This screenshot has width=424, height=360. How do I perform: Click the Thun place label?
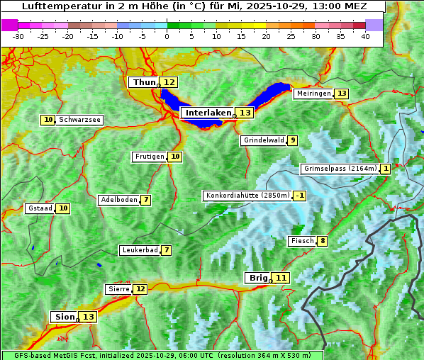pos(144,83)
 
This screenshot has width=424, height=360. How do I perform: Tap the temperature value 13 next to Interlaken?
pos(245,113)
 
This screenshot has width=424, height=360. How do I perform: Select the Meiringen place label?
pos(313,94)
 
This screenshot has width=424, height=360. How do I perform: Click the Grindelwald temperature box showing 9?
pos(292,140)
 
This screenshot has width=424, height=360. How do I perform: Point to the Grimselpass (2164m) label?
pos(340,169)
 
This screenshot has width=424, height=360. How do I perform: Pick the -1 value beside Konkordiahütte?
pos(300,196)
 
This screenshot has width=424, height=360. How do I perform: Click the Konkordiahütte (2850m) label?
pos(247,196)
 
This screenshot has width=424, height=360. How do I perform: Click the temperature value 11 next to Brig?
pos(281,278)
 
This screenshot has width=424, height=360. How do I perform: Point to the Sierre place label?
pos(118,289)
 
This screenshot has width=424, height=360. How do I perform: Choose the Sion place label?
pos(64,317)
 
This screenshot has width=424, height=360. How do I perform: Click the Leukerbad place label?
pos(138,250)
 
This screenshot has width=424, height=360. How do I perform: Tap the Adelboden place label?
pos(118,200)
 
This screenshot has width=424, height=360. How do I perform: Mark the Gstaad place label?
pos(40,208)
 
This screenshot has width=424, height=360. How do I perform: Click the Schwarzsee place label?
pos(79,120)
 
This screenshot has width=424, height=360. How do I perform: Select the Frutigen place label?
pos(149,157)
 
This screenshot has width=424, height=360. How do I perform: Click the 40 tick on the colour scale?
pos(365,36)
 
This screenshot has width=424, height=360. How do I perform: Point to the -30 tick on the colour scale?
pos(18,36)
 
